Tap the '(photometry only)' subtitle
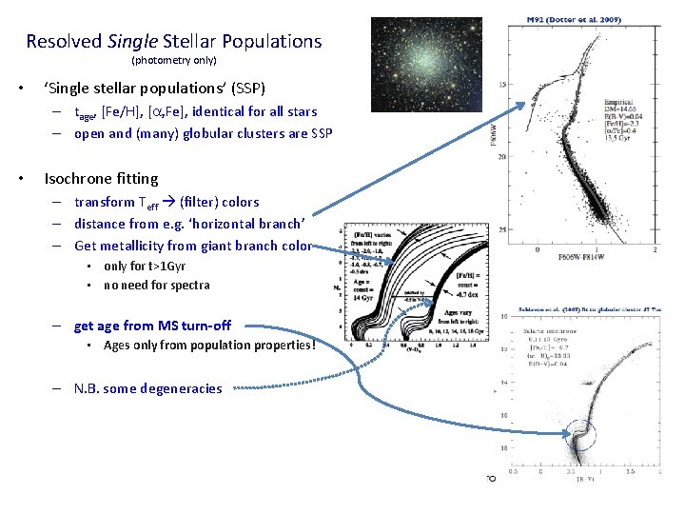point(173,60)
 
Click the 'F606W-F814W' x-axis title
point(596,260)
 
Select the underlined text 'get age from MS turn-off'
point(152,326)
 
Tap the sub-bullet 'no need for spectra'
point(156,285)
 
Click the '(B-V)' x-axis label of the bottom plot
point(585,482)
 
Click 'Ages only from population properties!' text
point(208,346)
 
